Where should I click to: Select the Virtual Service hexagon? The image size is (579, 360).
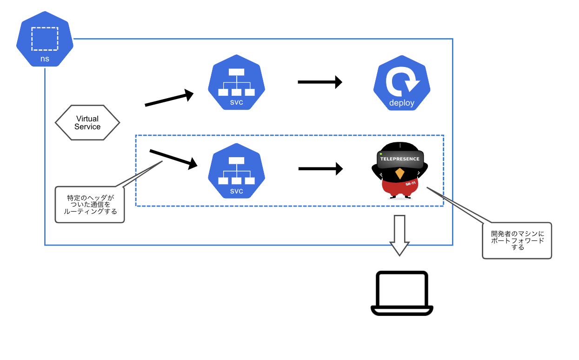[87, 123]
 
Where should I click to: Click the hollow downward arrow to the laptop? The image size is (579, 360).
[399, 235]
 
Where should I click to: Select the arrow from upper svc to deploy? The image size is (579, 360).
[320, 82]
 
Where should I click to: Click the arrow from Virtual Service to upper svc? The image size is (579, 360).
[169, 99]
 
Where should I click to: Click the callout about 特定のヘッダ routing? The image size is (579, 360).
[90, 204]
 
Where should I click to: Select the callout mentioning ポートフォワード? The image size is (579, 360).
[517, 240]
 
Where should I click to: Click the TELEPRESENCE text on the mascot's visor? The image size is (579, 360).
[399, 159]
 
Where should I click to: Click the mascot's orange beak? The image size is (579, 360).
[399, 174]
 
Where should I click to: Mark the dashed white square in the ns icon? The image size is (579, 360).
[45, 39]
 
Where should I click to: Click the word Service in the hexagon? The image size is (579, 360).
[87, 127]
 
